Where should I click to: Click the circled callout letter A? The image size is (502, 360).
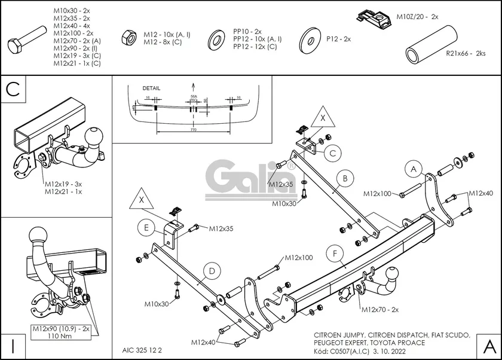(412, 169)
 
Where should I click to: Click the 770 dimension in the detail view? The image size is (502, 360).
(193, 129)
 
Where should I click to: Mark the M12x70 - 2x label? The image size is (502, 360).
(379, 309)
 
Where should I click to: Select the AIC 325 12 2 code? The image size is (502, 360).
(142, 349)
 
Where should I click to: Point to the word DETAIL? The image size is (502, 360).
(134, 87)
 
